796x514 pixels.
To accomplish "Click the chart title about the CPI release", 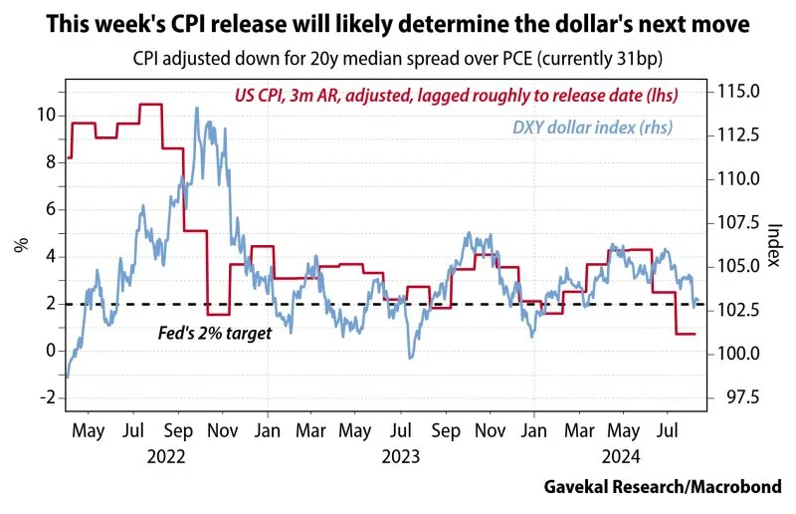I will coord(398,22).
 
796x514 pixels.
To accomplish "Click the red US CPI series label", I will coord(456,97).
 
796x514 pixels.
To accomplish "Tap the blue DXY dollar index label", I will coord(592,127).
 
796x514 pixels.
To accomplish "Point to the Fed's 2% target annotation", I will coord(215,334).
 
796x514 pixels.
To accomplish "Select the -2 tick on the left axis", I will coord(45,397).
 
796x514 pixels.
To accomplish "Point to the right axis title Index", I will coord(773,245).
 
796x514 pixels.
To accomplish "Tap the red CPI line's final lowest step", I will coord(685,334).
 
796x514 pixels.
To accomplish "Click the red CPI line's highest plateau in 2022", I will coord(151,104).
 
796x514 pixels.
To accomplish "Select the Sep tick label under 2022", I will coord(179,433).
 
